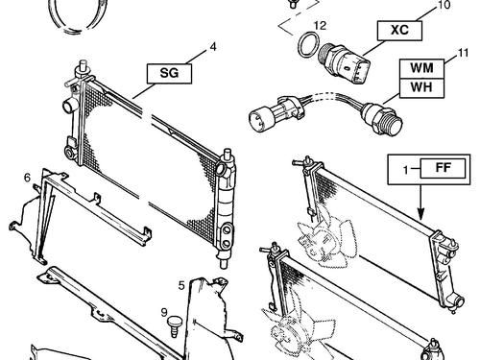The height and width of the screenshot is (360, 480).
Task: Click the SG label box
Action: click(169, 74)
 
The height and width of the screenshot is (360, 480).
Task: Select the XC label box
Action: click(399, 31)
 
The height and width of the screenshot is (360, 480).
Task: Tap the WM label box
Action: click(421, 68)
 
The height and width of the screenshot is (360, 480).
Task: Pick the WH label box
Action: click(421, 88)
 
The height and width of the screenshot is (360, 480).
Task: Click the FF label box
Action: click(443, 168)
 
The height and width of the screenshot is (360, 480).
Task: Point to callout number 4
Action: click(213, 47)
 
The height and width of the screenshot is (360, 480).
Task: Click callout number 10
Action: click(443, 5)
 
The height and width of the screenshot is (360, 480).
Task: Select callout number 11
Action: click(463, 53)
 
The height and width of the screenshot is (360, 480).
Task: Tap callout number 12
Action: click(320, 25)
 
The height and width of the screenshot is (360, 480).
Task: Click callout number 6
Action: click(27, 177)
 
